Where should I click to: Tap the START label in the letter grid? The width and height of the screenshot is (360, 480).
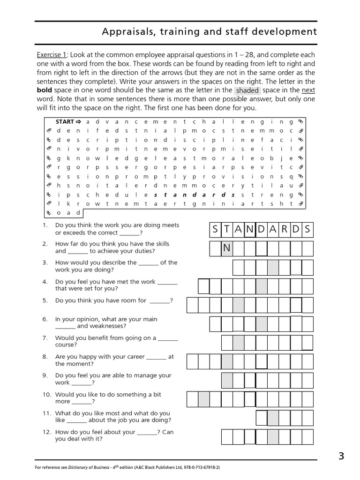click(65, 121)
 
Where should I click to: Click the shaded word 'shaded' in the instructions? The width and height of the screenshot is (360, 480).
click(247, 90)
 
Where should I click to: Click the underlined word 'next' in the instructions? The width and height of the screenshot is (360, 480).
click(308, 90)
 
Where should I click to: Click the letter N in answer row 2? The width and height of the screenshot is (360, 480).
click(227, 248)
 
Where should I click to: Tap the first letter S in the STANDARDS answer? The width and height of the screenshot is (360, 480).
click(215, 230)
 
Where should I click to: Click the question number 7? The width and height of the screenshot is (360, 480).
click(45, 337)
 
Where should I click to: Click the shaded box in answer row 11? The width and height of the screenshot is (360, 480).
click(273, 417)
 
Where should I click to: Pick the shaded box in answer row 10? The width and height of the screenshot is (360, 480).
click(204, 399)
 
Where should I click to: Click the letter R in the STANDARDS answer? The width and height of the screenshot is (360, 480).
click(285, 230)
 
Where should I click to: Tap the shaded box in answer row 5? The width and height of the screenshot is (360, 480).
click(238, 305)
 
